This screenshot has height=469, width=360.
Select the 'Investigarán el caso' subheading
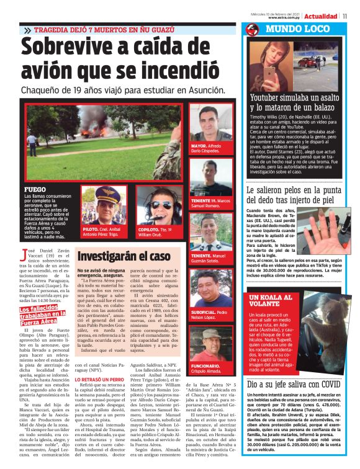click(124, 255)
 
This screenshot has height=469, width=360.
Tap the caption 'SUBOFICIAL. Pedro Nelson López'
click(212, 315)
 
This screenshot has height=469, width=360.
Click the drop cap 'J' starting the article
click(24, 252)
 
